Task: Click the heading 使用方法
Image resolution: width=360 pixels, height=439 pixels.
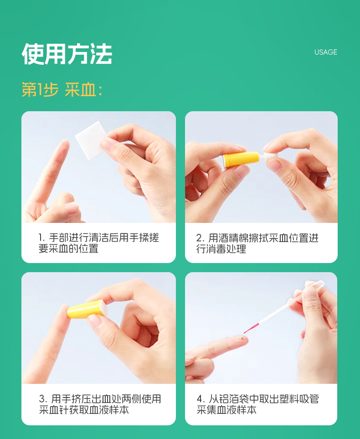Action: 67,54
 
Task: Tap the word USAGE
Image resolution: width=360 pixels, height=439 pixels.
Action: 325,52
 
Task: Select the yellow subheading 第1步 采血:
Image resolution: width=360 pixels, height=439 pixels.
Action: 62,90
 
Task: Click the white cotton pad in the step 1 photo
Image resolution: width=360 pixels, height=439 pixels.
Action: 90,140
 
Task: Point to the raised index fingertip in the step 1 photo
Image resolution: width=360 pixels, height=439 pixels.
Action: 64,144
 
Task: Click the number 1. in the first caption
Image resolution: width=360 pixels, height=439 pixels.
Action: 42,238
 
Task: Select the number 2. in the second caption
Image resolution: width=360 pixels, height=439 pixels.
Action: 201,238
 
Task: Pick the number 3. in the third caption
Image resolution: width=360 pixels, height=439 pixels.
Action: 43,399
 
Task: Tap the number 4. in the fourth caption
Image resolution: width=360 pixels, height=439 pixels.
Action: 201,399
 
